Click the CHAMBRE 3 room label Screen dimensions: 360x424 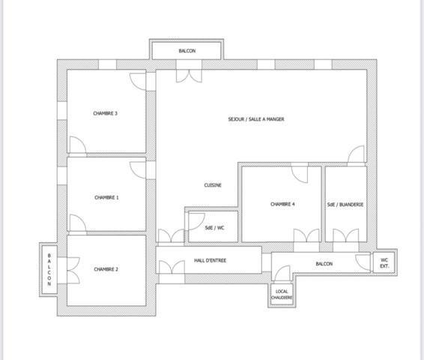[106, 113]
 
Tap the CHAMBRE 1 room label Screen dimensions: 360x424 [106, 197]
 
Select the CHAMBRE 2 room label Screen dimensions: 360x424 [106, 268]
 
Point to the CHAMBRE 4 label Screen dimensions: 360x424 [282, 204]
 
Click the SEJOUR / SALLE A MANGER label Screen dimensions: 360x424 [256, 119]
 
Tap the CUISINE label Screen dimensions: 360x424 [213, 185]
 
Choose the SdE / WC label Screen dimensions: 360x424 [215, 227]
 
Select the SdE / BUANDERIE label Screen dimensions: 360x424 [345, 204]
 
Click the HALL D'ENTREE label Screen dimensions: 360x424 [211, 260]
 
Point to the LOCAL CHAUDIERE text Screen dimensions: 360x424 [282, 295]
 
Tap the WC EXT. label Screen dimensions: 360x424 [385, 262]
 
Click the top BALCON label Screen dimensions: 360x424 [187, 51]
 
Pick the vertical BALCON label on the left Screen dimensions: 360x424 [49, 269]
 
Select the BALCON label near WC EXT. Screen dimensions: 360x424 [324, 264]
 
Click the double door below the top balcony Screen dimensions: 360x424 [187, 75]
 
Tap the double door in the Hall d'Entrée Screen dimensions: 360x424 [172, 268]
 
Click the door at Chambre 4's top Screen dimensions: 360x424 [299, 174]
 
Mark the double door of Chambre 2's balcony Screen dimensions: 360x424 [73, 268]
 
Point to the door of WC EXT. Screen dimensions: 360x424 [364, 262]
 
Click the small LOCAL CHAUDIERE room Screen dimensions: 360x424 [282, 295]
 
